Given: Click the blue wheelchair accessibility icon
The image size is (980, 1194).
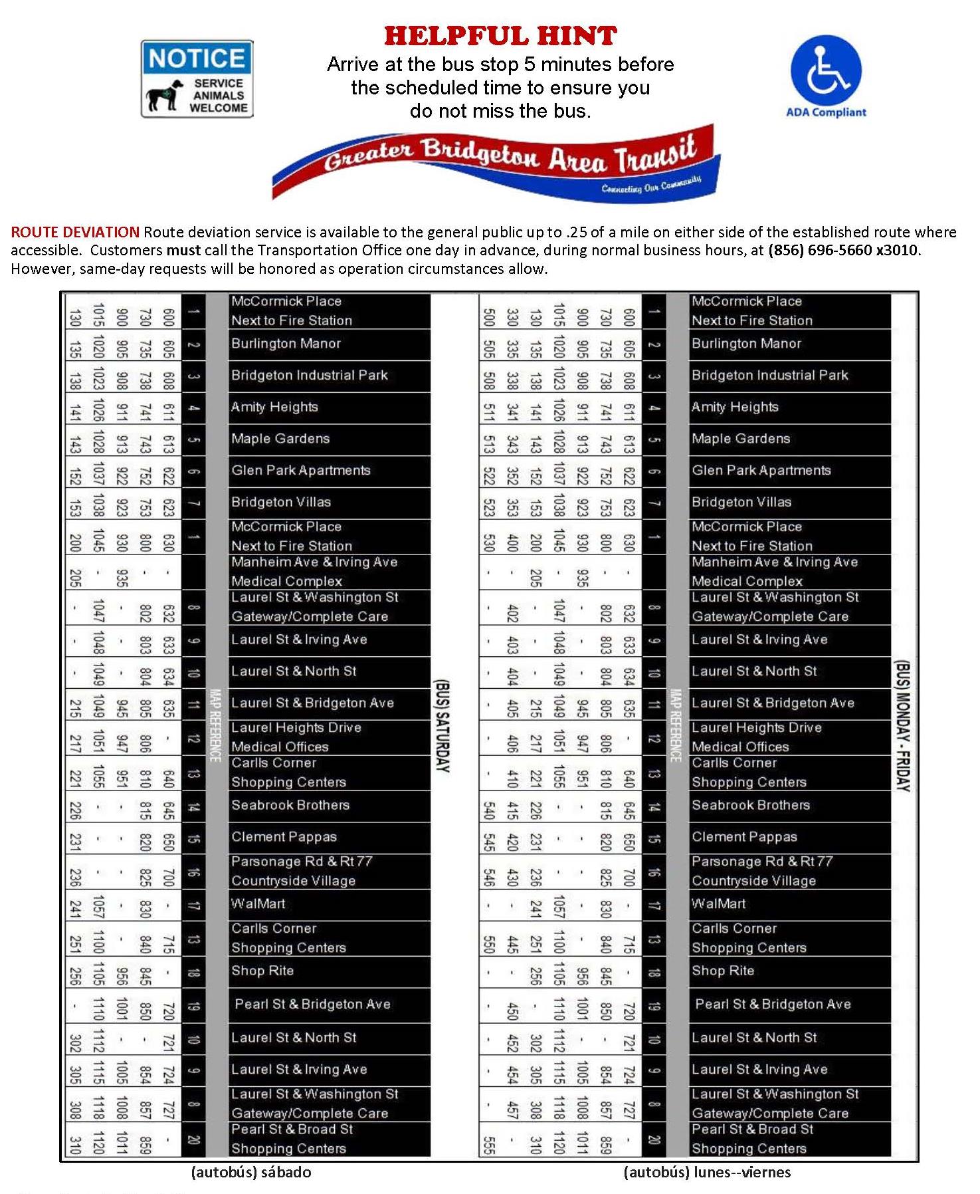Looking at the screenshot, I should (825, 70).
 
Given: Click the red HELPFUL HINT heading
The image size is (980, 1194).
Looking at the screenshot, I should (500, 36).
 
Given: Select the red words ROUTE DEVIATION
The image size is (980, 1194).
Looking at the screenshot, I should (75, 232).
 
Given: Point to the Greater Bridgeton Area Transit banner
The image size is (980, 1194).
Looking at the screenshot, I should (497, 162).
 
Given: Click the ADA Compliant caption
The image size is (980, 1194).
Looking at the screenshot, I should (826, 112).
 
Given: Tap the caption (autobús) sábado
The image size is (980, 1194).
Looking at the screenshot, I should (251, 1172).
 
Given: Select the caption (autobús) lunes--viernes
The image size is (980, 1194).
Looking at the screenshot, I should (707, 1172).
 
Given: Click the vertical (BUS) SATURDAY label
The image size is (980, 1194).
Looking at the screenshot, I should (442, 725).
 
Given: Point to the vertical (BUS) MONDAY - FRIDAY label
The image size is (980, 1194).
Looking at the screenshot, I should (902, 725).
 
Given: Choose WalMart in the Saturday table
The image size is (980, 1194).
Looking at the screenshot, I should (258, 903).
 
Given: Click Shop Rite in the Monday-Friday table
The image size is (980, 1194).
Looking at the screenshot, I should (723, 971).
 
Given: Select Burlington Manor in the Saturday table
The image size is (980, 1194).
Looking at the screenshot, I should (286, 344).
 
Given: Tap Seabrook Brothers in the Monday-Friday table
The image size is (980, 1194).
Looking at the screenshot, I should (751, 805).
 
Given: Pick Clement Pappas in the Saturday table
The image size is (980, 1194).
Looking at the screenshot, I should (284, 837).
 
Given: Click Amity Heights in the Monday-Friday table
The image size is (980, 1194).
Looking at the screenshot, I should (735, 407).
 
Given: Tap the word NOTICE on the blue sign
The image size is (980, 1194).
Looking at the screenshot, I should (197, 59).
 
